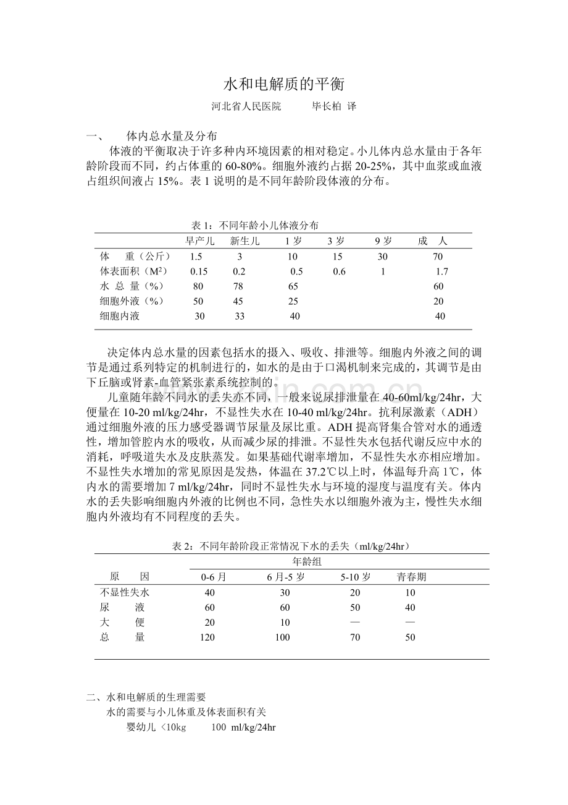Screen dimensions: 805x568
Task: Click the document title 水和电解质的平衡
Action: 283,84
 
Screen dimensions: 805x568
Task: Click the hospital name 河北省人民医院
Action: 246,106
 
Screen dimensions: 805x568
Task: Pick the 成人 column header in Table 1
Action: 432,241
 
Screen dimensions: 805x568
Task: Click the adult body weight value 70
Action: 438,257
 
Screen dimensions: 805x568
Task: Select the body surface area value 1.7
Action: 442,271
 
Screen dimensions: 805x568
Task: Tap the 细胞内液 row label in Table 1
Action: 120,316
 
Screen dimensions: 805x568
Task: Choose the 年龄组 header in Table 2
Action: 306,561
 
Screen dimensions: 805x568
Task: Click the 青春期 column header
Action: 411,577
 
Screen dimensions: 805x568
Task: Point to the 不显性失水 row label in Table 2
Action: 125,592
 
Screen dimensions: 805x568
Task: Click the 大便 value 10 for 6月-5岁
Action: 285,623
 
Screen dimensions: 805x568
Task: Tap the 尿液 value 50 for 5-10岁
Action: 355,607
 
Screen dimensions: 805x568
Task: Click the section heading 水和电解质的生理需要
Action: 156,697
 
